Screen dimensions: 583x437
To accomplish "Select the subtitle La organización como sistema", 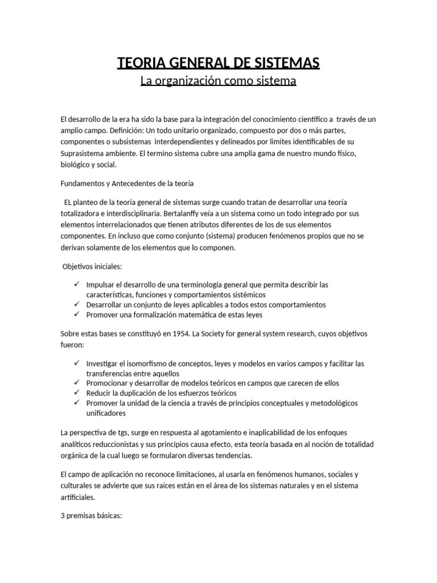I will pyautogui.click(x=218, y=81).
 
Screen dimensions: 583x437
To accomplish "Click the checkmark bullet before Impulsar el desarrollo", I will pyautogui.click(x=77, y=284).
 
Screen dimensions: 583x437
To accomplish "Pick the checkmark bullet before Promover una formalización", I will pyautogui.click(x=77, y=314).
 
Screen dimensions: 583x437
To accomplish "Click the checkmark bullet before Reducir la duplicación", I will pyautogui.click(x=77, y=393).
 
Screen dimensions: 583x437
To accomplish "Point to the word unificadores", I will pyautogui.click(x=105, y=414).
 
